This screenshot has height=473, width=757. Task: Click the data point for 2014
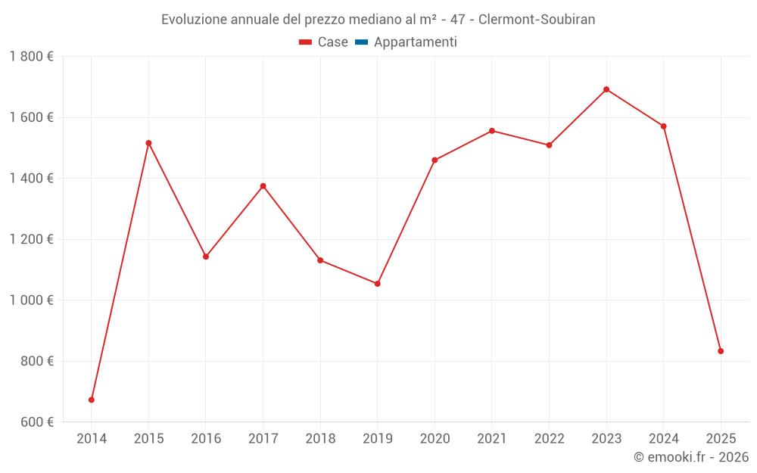coord(92,400)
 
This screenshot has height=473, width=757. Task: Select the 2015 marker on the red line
coord(148,143)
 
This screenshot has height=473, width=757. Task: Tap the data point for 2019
coord(378,284)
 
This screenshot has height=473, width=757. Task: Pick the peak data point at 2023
coord(606,89)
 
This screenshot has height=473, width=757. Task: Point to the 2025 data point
coord(721,351)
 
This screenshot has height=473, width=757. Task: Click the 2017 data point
coord(263,186)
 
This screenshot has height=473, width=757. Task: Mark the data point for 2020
coord(435,160)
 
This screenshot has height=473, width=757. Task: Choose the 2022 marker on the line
coord(550,145)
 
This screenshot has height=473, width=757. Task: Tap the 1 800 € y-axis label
coord(32,57)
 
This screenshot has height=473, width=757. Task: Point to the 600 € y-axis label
coord(36,422)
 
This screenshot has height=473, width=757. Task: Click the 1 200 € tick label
coord(32,239)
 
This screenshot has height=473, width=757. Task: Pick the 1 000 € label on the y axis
coord(32,300)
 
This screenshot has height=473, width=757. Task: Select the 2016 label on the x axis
coord(206,439)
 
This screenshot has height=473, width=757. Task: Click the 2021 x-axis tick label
coord(492,439)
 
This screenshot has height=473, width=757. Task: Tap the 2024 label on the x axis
coord(664,439)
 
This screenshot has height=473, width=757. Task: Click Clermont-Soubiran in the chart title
coord(537,20)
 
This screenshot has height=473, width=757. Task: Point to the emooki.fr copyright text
coord(691,457)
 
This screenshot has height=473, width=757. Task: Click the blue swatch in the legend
coord(361,42)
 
